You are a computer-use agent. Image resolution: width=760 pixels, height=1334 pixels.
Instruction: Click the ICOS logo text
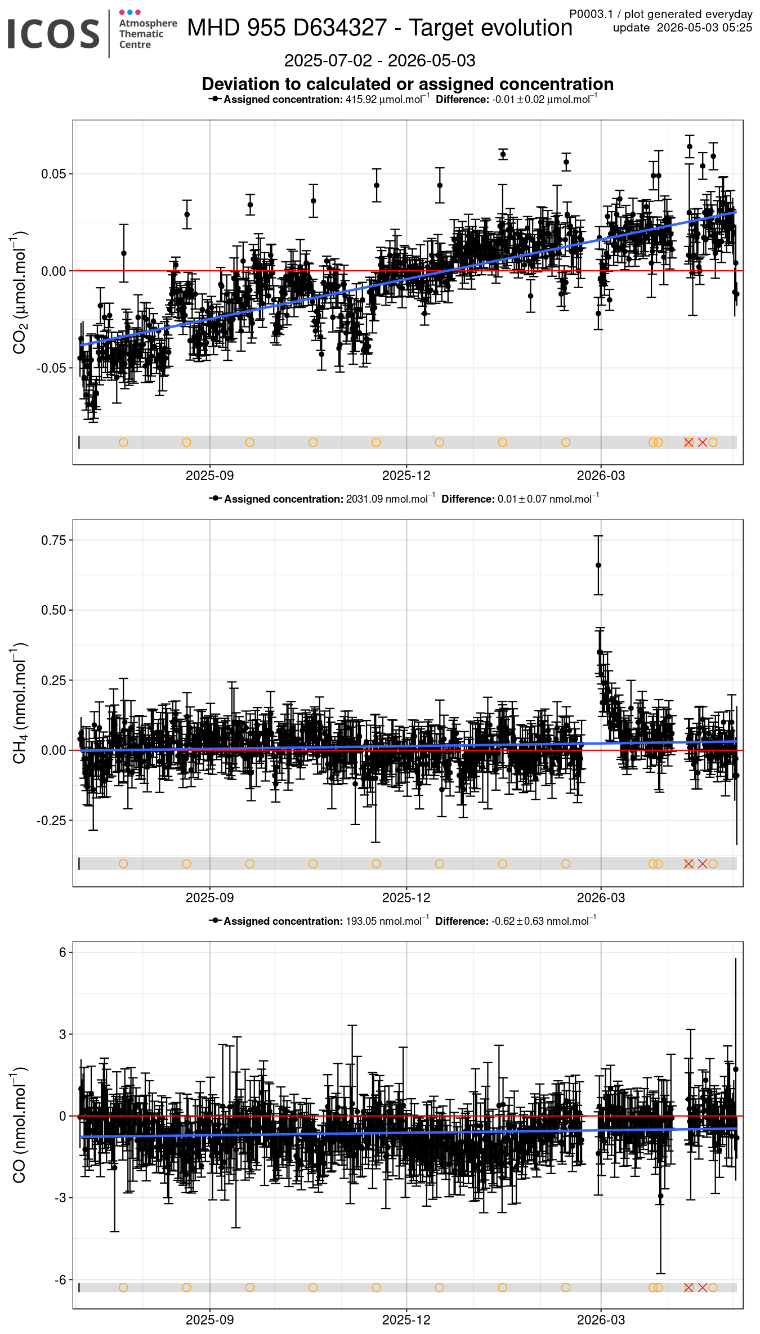[x=54, y=34]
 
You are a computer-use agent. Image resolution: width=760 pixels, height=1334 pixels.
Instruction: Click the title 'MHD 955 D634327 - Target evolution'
[x=379, y=28]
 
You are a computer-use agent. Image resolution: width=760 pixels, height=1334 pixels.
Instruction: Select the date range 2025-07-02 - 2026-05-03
[x=379, y=60]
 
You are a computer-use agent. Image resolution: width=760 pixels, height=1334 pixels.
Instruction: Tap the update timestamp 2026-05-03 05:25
[x=704, y=28]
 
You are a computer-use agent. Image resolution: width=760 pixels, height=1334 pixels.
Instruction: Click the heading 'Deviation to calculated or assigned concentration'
[x=408, y=84]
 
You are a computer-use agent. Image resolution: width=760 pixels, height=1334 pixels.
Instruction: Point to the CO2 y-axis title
[x=20, y=292]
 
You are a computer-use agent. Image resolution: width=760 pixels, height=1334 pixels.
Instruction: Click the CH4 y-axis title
[x=20, y=703]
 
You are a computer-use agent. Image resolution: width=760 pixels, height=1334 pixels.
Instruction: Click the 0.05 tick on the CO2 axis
[x=53, y=174]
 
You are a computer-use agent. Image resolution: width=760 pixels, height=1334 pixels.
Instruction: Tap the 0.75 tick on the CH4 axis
[x=53, y=540]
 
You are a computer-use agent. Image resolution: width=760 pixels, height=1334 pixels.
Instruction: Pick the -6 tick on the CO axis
[x=60, y=1280]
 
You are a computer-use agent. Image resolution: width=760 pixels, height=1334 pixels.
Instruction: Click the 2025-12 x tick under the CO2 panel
[x=406, y=476]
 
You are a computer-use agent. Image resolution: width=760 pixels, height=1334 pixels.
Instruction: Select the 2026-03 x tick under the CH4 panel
[x=601, y=898]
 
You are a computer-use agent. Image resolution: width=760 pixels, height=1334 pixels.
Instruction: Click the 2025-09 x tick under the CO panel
[x=209, y=1320]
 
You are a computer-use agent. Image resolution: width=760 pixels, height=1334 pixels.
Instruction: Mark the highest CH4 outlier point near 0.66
[x=598, y=565]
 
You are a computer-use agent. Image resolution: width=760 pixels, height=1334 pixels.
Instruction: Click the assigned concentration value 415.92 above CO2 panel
[x=361, y=100]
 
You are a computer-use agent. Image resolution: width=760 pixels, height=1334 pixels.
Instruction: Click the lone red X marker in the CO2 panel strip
[x=703, y=442]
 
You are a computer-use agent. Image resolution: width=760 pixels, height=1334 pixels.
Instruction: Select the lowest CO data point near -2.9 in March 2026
[x=660, y=1196]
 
